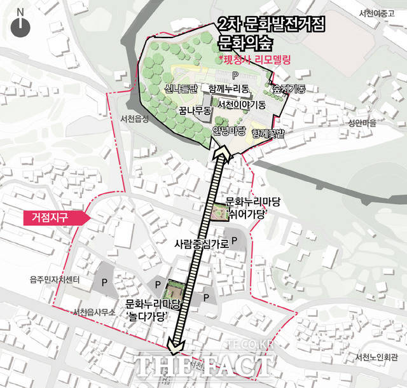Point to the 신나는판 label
click(x=181, y=88)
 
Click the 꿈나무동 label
click(x=195, y=111)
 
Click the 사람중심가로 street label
click(x=201, y=242)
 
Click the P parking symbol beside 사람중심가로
click(x=234, y=241)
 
